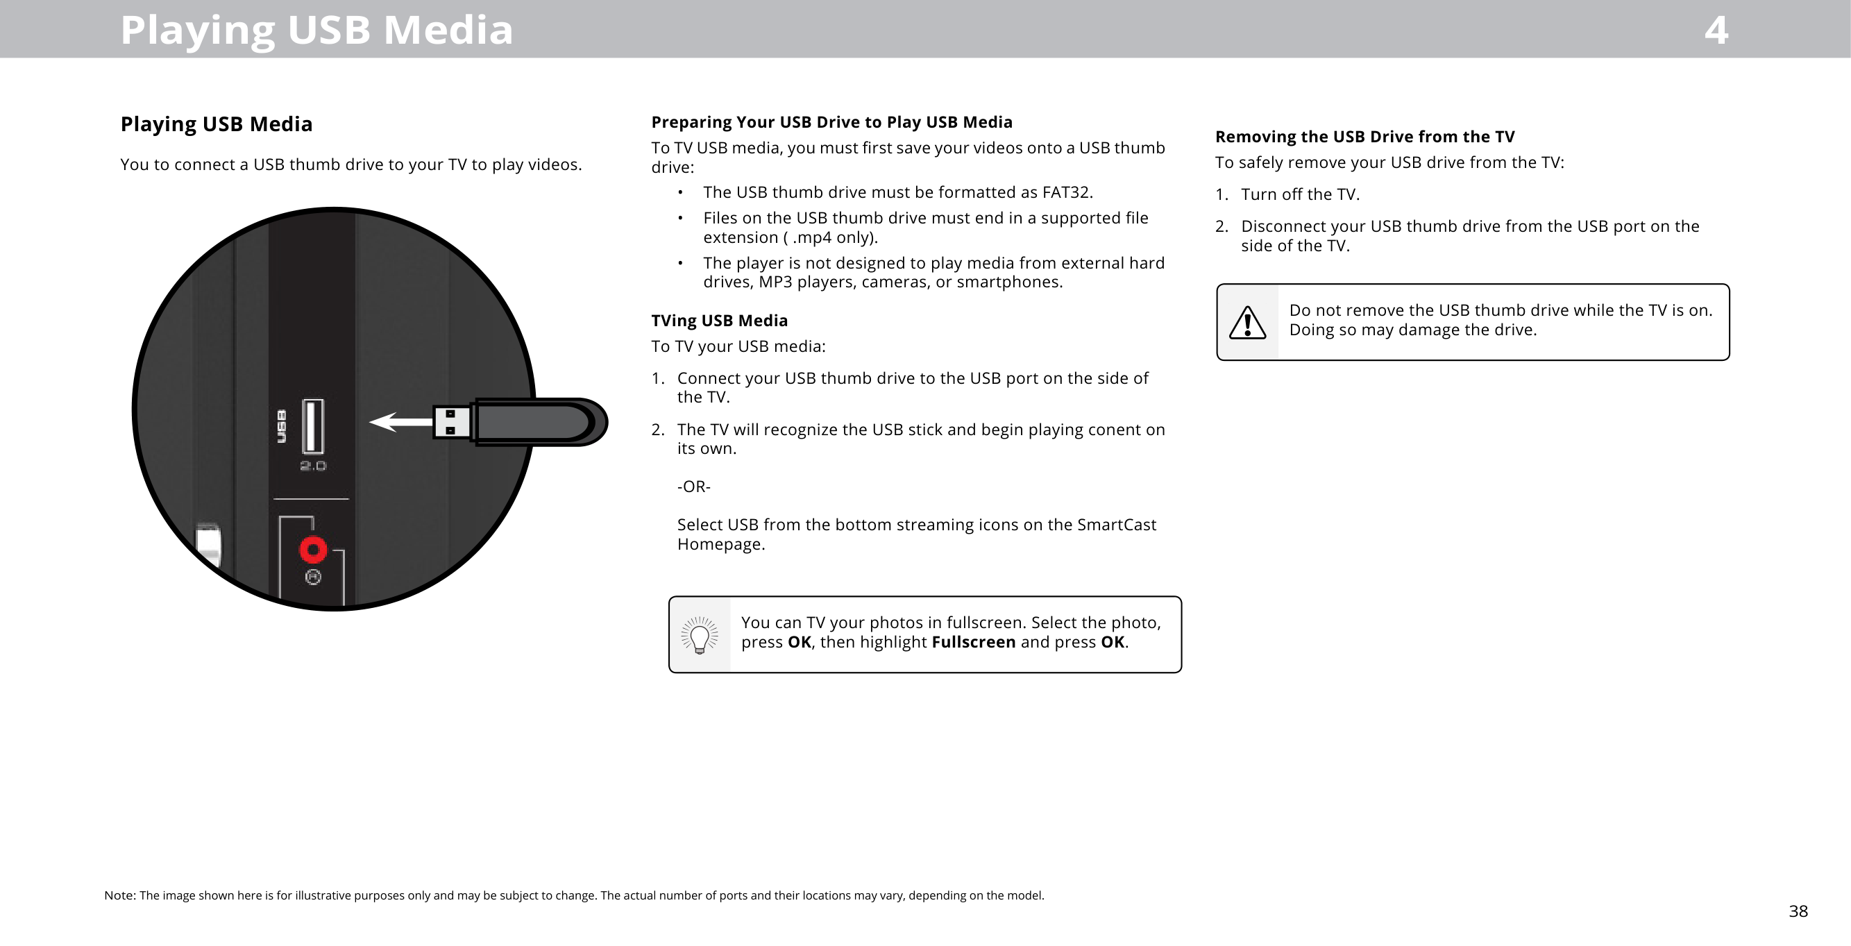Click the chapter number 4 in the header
1716,31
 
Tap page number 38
1798,911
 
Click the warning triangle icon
1247,322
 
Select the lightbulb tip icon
699,636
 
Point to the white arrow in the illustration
400,422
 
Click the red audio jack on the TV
312,550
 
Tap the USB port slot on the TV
312,426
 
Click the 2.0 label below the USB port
312,466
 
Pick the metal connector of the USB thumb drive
451,423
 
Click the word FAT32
1066,193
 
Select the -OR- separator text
693,487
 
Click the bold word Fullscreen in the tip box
973,642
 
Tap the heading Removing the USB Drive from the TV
1364,137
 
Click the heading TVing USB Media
719,321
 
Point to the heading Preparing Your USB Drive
831,122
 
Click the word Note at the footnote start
119,895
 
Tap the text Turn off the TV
1300,195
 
